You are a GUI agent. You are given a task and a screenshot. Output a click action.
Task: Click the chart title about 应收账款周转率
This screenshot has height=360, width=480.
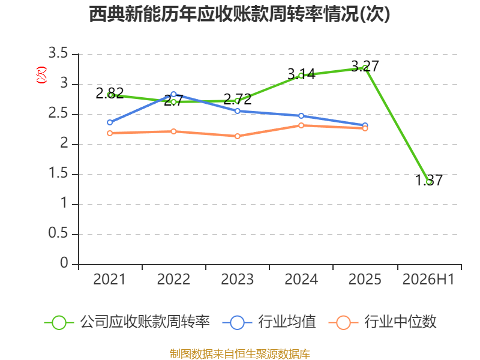[x=239, y=14]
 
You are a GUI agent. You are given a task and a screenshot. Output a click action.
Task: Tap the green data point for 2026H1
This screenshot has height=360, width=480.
[x=429, y=182]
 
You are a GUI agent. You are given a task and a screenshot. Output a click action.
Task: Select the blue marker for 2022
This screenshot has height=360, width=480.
[x=173, y=94]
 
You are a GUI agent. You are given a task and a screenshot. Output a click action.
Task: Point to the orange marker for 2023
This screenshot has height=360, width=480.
[x=237, y=136]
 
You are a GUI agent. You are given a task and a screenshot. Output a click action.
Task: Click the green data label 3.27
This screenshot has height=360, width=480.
[x=365, y=66]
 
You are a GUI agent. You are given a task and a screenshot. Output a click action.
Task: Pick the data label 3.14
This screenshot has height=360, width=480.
[x=301, y=74]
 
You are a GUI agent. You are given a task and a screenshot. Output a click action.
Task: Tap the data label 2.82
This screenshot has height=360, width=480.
[x=110, y=93]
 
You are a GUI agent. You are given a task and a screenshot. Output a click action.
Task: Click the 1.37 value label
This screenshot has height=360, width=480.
[x=429, y=180]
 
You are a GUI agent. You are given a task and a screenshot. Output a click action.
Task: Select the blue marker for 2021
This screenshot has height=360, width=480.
[x=110, y=122]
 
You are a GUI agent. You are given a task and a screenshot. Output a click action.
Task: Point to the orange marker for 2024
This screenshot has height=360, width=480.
[x=301, y=125]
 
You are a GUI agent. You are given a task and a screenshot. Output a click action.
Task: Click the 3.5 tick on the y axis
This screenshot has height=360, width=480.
[x=58, y=53]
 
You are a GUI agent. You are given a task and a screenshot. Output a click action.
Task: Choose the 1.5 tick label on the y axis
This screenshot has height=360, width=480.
[x=58, y=173]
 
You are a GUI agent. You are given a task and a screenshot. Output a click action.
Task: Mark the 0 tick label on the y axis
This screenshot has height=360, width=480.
[x=64, y=263]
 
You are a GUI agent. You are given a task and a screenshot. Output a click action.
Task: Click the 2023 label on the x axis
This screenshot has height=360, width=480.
[x=237, y=280]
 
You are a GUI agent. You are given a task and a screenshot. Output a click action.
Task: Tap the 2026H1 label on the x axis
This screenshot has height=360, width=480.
[x=428, y=280]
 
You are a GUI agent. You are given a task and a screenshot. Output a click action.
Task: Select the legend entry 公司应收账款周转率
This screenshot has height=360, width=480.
[x=127, y=322]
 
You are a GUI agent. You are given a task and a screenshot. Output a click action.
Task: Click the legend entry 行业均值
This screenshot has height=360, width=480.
[x=269, y=322]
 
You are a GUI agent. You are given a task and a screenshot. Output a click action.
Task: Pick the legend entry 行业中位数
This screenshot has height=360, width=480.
[x=382, y=322]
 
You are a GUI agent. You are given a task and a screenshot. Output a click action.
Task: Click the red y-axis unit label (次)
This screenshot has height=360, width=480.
[x=41, y=76]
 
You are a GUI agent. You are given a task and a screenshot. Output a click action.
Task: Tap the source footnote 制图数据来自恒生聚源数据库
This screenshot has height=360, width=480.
[x=239, y=354]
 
